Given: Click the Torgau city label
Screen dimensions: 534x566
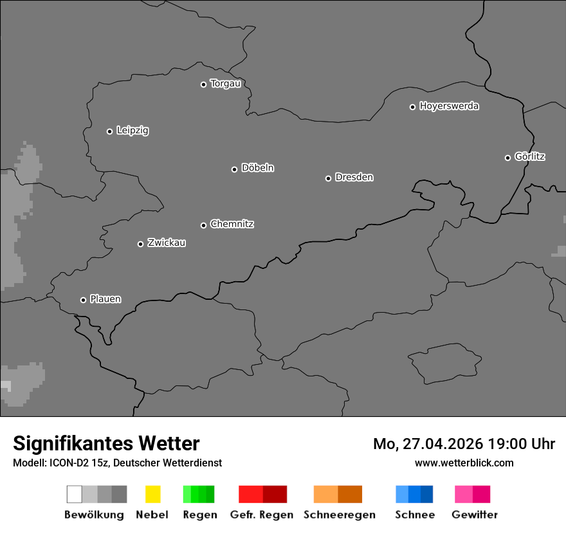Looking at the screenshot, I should point(225,84).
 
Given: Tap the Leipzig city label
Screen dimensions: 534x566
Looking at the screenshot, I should point(132,131).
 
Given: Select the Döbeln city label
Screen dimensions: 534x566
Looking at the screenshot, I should point(257,168).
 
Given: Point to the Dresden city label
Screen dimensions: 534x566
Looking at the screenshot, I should point(354,177).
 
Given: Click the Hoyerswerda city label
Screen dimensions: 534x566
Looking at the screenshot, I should point(449,106).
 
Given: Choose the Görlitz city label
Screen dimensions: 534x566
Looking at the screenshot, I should point(530,156).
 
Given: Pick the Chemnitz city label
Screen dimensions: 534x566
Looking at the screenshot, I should point(232,224).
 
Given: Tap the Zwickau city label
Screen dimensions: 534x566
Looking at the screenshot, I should point(167,243).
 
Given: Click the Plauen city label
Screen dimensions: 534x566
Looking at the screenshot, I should point(105,299).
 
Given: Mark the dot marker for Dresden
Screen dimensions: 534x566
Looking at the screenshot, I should point(328,178).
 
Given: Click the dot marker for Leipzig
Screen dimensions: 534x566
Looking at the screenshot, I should point(109,131).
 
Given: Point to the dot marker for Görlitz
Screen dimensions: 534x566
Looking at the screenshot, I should point(507,158).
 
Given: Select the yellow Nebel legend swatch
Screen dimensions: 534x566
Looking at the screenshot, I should point(152,494).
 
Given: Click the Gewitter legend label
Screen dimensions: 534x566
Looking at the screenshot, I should point(475,515).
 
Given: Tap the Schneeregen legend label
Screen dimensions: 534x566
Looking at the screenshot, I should point(339,515).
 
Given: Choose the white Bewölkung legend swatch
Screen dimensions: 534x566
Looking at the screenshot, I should point(74,494).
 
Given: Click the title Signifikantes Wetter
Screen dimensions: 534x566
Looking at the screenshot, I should point(106,443).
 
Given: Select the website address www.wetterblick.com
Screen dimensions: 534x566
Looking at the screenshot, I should point(464,463).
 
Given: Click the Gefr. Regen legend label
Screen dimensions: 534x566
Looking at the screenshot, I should point(261,515).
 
